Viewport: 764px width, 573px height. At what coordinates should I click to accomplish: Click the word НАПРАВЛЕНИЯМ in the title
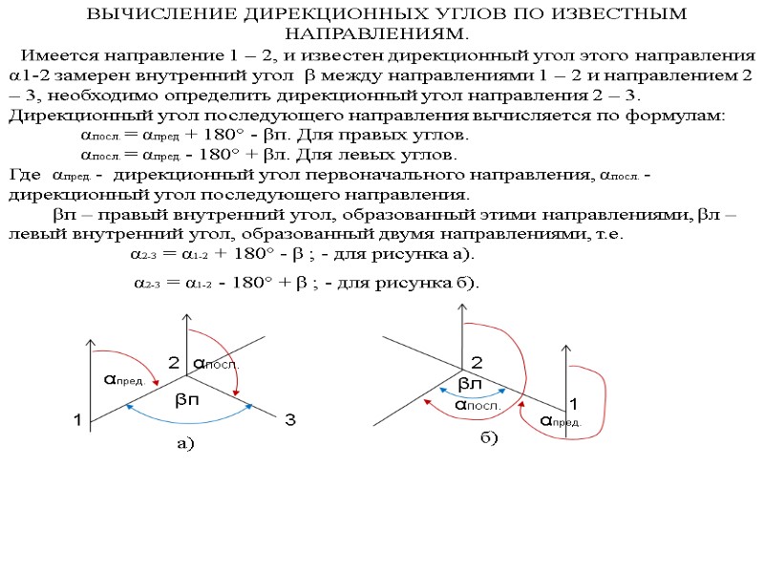[388, 34]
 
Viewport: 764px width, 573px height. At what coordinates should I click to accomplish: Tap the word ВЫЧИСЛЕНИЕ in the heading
[147, 16]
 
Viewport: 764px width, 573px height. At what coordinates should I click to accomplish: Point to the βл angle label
[470, 383]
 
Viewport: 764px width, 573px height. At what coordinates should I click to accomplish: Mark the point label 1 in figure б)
[574, 402]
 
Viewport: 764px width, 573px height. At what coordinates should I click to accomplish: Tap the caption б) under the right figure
[489, 437]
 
